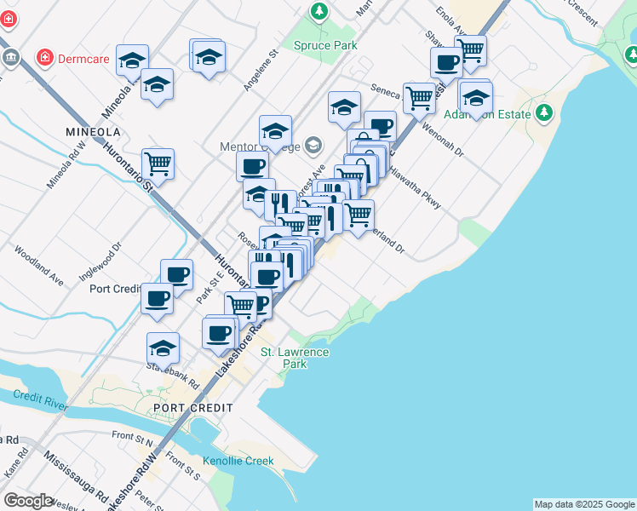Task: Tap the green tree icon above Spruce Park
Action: point(318,12)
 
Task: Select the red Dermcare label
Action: point(83,60)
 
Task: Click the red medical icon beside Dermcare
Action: point(43,59)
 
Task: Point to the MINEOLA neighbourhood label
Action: point(93,132)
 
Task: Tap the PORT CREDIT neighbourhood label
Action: point(193,408)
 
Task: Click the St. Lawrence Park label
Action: point(295,358)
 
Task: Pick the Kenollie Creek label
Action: point(238,461)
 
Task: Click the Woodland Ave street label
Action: point(39,267)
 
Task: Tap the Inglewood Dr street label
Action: point(100,261)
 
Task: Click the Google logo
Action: point(28,500)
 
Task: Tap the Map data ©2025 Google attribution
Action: point(584,504)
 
